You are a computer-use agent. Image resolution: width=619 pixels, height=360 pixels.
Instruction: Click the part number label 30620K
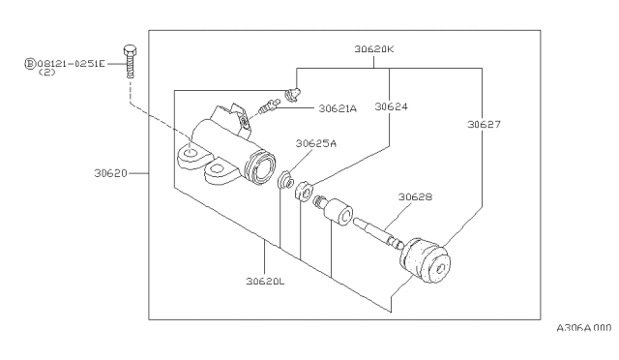tap(374, 49)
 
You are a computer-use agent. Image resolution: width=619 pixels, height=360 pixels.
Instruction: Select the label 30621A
tap(338, 108)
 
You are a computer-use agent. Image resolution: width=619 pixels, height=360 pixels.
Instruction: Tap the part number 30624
tap(391, 106)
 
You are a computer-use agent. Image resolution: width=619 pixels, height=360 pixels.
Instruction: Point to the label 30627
tap(484, 125)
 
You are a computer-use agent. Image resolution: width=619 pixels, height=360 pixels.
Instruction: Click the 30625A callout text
tap(316, 143)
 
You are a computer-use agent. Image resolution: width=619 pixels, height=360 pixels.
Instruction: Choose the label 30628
tap(415, 196)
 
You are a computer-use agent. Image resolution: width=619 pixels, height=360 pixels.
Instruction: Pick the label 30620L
tap(265, 282)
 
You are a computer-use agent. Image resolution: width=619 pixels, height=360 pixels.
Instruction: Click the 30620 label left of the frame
tap(110, 173)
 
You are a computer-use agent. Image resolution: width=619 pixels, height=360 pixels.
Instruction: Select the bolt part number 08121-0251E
tap(72, 63)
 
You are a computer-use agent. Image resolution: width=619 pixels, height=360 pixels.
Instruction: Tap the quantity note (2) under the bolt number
tap(47, 73)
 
